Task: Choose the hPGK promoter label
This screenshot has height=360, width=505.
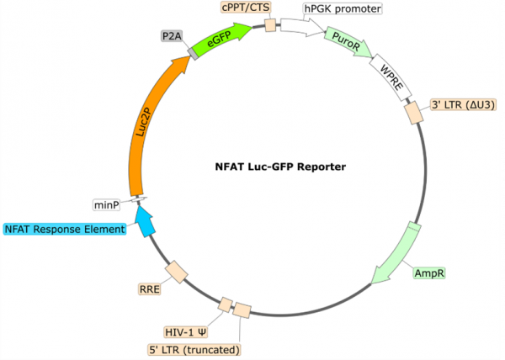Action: (342, 10)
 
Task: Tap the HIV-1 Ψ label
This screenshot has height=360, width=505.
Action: (186, 331)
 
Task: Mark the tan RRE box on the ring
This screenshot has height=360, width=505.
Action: (176, 272)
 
